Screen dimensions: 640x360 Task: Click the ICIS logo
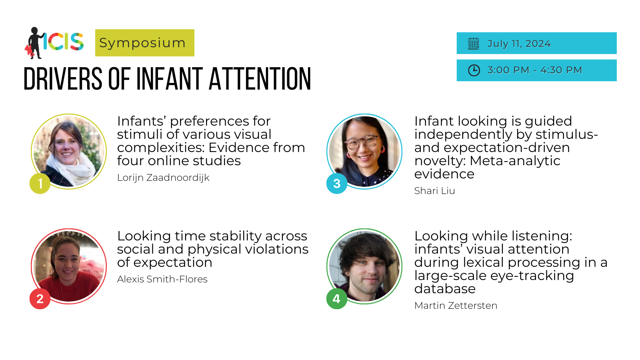54,43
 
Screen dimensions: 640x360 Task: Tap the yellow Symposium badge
144,43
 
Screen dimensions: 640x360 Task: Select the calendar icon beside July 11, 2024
474,44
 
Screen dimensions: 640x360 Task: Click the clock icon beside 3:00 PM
474,70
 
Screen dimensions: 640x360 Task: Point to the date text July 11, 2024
519,44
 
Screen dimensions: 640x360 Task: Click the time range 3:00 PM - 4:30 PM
534,70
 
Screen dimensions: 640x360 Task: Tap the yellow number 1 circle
40,184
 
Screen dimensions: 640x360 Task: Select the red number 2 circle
40,298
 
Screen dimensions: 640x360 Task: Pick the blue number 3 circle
337,184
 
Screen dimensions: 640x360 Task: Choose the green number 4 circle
337,298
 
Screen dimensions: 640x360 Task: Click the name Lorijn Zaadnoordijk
163,178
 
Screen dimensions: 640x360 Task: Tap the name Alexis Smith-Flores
162,279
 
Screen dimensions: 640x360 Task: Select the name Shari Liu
434,191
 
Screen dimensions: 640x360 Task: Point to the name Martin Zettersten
456,306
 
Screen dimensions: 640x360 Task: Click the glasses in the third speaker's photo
363,142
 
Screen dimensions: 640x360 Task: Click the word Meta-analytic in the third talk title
515,161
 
